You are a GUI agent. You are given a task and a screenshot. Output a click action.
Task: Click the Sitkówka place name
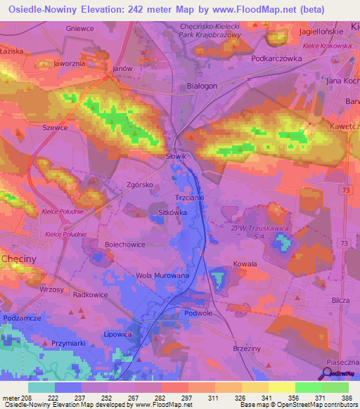tap(172, 211)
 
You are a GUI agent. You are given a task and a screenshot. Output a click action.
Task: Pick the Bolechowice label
tap(124, 244)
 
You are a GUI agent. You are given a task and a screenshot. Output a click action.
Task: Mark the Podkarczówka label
tap(276, 59)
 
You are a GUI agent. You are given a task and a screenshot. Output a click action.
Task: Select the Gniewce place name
tap(79, 28)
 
